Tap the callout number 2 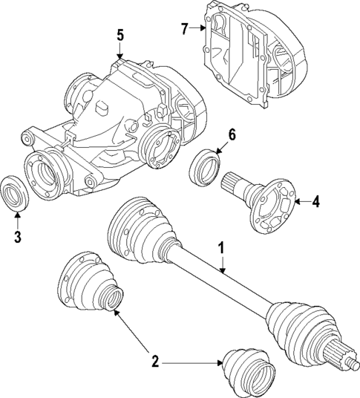click(x=155, y=362)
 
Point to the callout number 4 click(x=315, y=201)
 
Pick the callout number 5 click(x=120, y=34)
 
